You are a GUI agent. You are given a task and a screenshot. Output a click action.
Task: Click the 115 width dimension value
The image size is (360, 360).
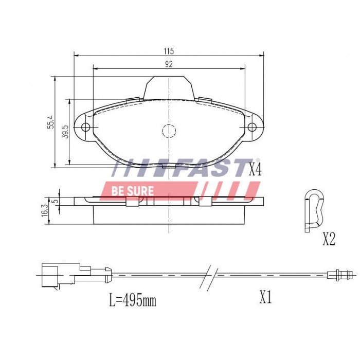(x=169, y=51)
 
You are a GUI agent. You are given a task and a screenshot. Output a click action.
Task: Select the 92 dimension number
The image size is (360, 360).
(x=169, y=64)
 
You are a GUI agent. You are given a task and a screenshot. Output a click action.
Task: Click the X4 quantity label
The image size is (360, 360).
(x=255, y=170)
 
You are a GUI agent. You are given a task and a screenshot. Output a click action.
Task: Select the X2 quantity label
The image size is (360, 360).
(x=329, y=239)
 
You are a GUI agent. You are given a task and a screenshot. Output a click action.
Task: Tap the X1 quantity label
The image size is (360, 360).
(x=265, y=298)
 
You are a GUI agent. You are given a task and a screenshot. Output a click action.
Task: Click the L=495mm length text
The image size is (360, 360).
(x=132, y=300)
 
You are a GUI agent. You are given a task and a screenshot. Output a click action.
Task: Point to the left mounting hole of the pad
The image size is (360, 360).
(x=86, y=128)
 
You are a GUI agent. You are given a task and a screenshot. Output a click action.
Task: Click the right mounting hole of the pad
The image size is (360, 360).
(x=252, y=128)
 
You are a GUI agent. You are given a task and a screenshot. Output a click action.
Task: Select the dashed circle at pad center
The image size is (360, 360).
(x=169, y=131)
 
